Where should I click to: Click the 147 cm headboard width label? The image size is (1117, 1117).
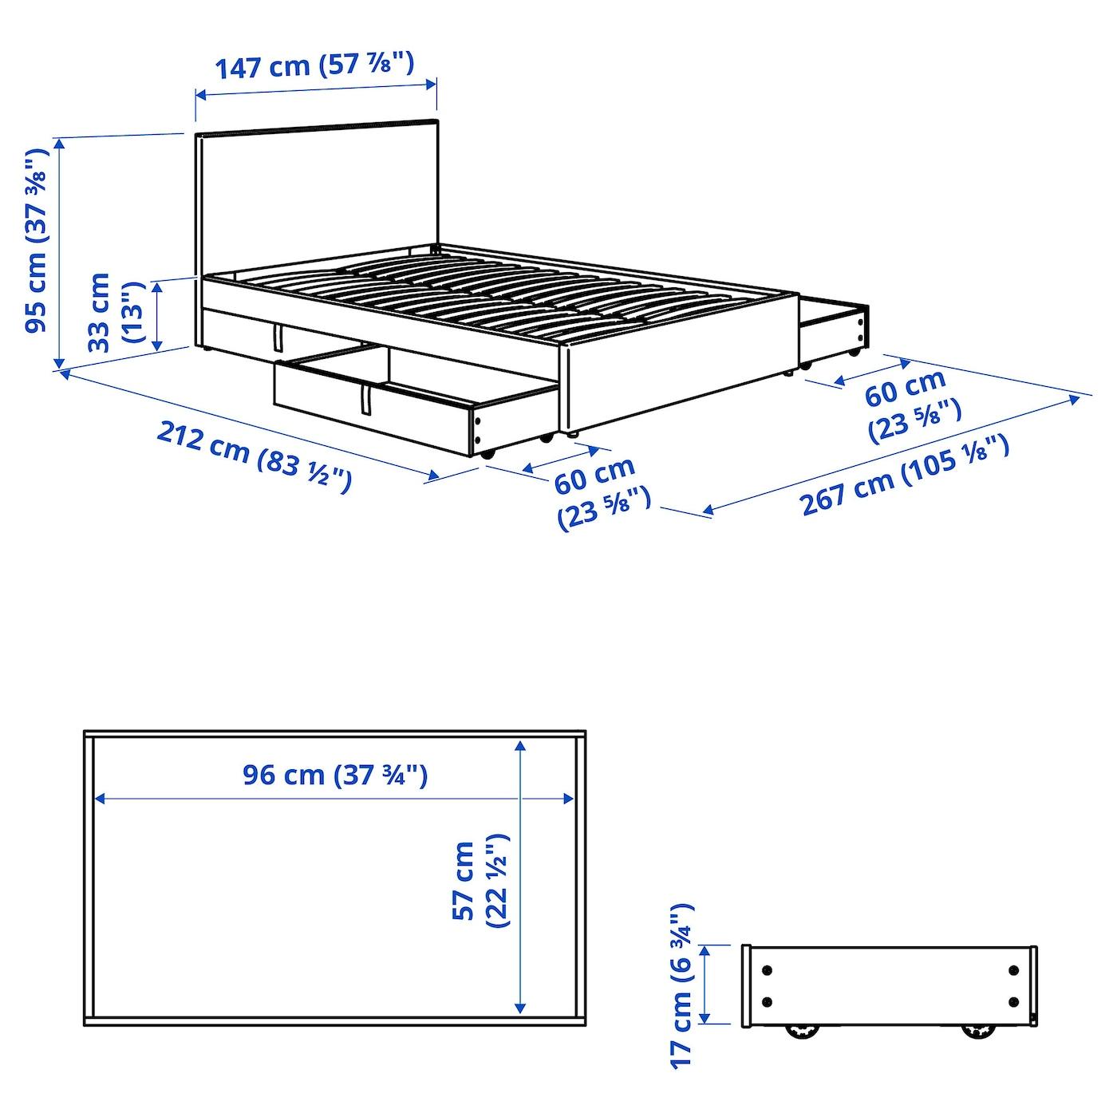tap(314, 65)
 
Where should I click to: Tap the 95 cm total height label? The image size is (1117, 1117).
tap(36, 240)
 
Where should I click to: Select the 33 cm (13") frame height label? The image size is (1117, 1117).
tap(116, 313)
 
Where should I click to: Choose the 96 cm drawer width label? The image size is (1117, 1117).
tap(335, 776)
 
